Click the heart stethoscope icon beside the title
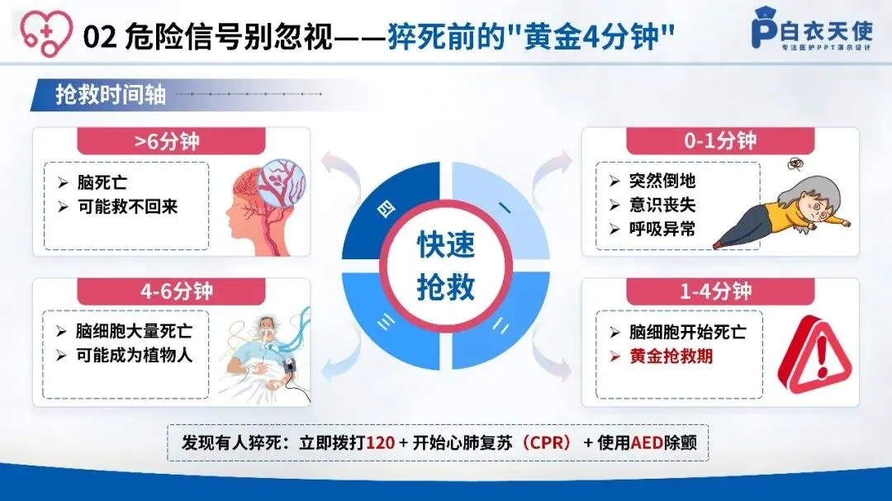46,32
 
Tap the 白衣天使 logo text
826,31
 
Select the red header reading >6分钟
171,141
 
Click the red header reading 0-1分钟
720,140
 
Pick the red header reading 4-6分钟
171,291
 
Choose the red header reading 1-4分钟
720,291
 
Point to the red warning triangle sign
814,355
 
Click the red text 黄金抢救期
671,357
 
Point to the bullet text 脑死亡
102,182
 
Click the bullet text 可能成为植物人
135,356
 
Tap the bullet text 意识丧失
662,205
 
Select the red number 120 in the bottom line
381,442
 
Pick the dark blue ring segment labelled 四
387,210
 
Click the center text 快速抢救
446,266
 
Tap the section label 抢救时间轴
111,94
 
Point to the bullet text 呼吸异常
662,229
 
